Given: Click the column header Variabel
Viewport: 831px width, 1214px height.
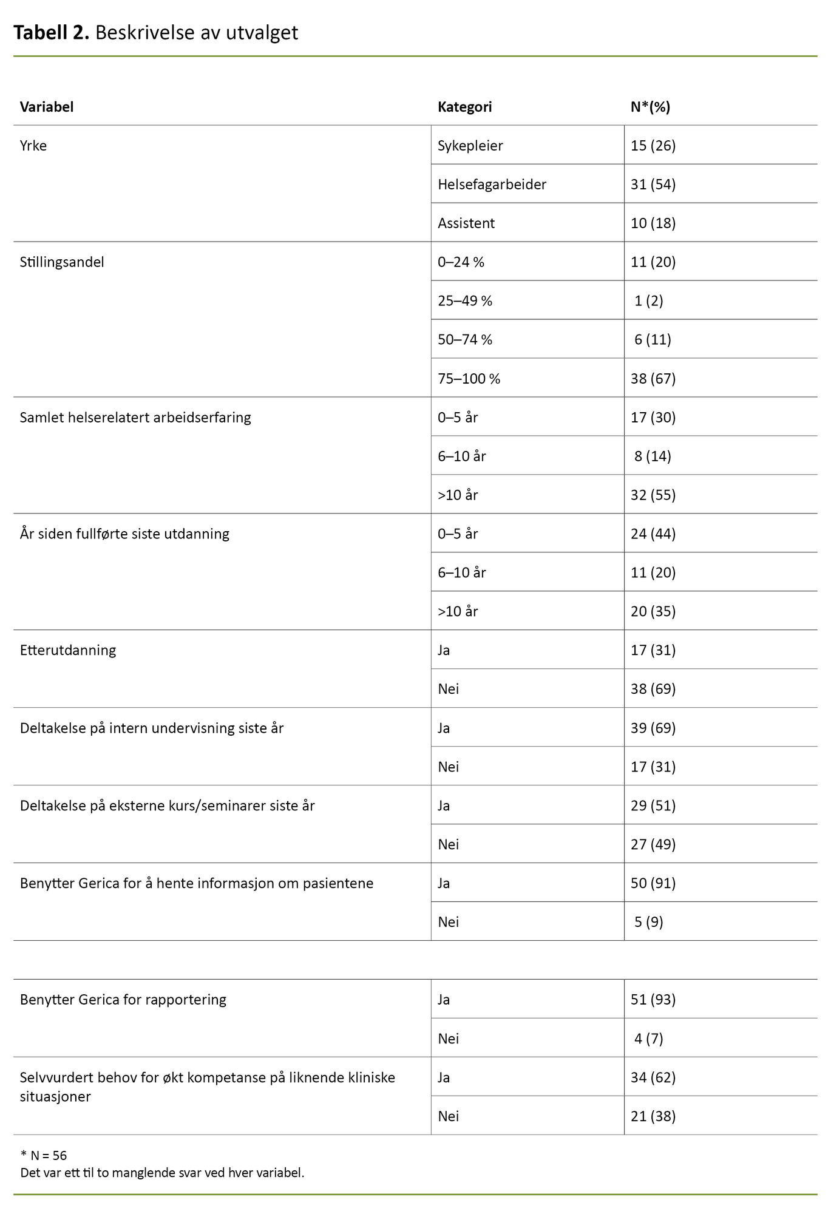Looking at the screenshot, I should [47, 107].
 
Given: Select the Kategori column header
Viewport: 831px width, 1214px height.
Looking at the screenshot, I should [464, 107].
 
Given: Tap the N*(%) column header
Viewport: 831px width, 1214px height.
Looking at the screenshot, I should [650, 107].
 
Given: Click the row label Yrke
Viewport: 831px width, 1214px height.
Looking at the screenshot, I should [33, 146].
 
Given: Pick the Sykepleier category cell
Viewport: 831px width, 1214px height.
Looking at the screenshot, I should [470, 146].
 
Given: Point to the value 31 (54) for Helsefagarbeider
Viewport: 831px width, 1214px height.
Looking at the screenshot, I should [653, 185].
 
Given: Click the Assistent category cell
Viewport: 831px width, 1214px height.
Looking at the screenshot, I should [466, 223].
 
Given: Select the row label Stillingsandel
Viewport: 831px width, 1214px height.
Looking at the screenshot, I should [62, 262].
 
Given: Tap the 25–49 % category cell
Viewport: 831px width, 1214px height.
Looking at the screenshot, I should [465, 301].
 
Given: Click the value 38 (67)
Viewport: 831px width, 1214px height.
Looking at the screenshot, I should [653, 379].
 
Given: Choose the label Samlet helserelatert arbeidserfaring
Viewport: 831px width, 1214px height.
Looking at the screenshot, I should [135, 418].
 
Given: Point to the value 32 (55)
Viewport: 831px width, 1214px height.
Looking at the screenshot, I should [653, 495].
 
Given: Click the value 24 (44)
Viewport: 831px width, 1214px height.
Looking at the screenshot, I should [653, 534].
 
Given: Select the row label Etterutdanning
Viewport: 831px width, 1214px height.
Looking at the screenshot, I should [68, 651].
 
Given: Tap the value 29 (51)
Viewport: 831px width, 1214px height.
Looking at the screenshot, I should [653, 806].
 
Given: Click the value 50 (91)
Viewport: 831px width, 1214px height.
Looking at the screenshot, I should [653, 884].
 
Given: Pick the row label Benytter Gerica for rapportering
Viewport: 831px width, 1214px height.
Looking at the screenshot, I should [123, 1000].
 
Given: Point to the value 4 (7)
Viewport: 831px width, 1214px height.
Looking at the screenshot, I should [649, 1039].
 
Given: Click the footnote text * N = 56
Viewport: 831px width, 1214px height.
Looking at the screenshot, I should [44, 1156].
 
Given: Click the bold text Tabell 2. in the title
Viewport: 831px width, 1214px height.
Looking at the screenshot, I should [52, 33].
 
